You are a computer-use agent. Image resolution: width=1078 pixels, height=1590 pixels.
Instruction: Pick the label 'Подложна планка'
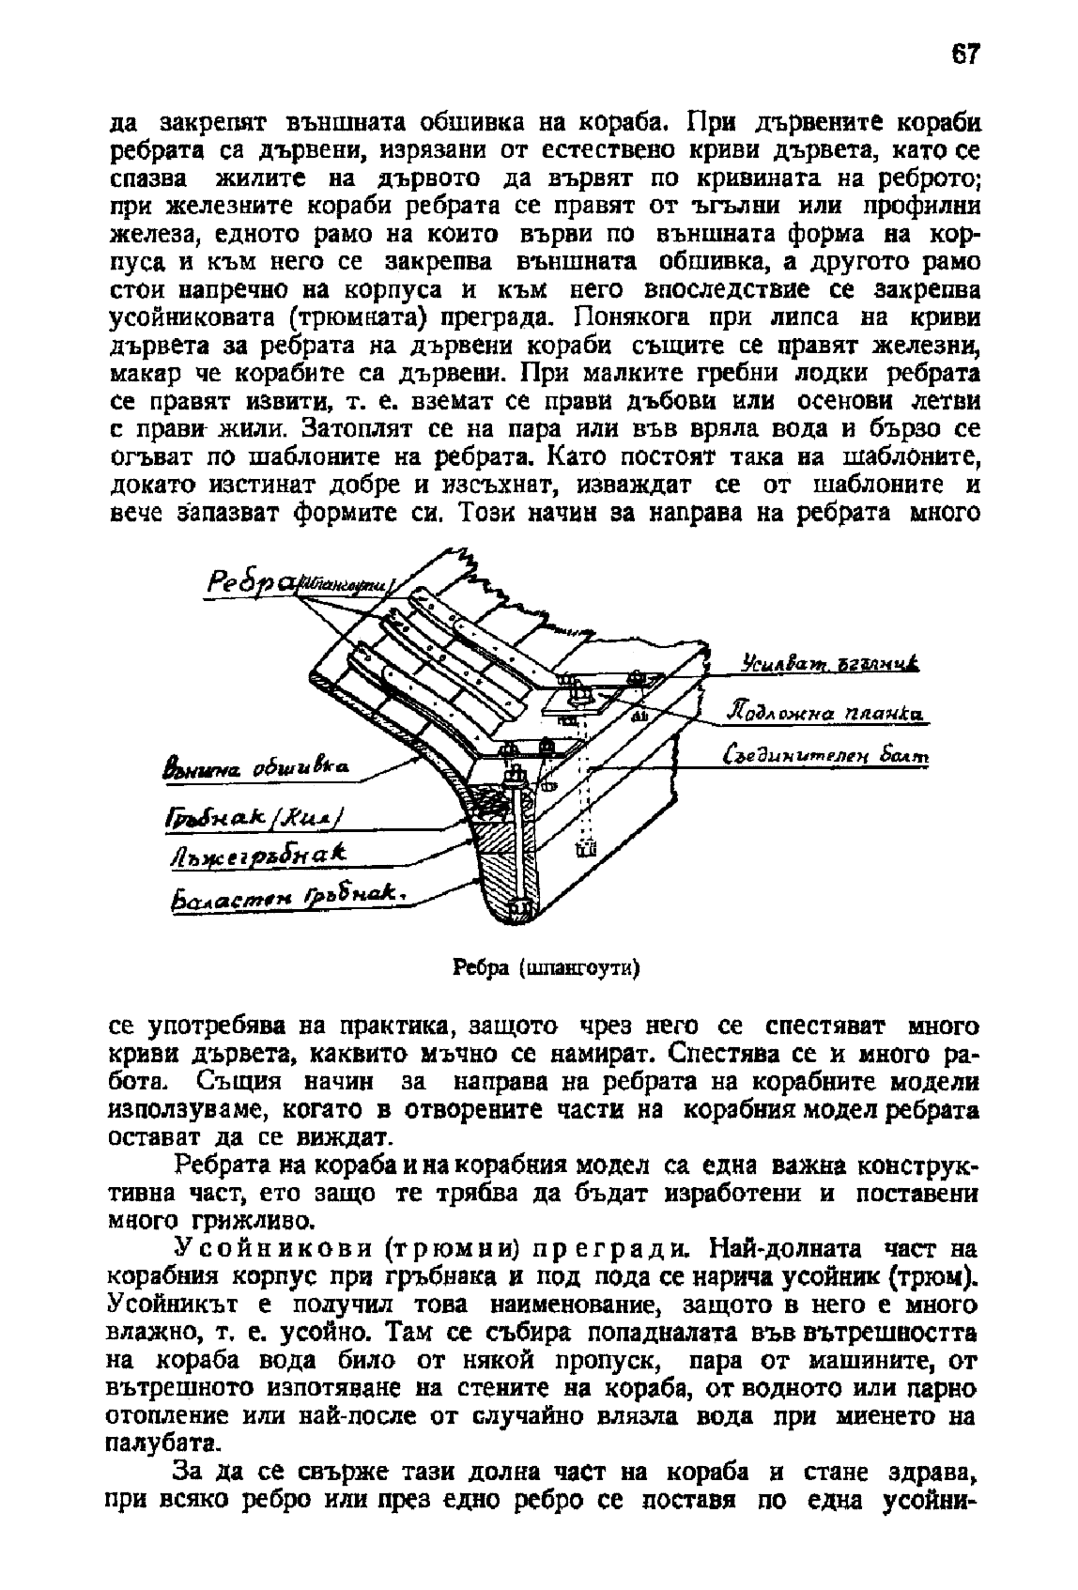825,715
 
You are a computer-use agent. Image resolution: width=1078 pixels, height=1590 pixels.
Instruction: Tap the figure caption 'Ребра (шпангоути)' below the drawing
547,967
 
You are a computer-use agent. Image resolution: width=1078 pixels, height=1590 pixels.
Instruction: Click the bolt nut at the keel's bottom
519,907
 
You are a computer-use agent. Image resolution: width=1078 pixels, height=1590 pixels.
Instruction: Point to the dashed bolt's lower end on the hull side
588,849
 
